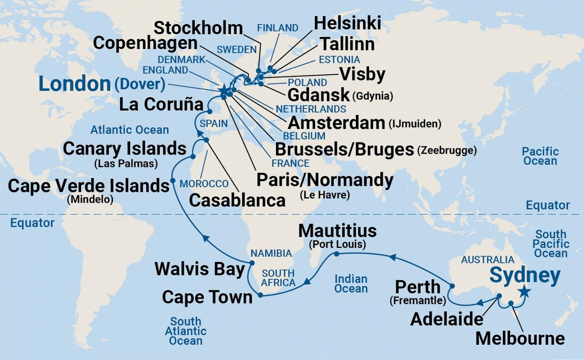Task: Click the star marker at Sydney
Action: [x=524, y=291]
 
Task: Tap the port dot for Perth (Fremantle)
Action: [x=452, y=286]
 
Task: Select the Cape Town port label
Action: [x=207, y=297]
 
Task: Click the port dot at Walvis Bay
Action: [x=252, y=263]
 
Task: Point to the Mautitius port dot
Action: [x=336, y=254]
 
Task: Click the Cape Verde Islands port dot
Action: [x=172, y=181]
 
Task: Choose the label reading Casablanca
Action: [x=237, y=200]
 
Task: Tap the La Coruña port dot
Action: [x=210, y=112]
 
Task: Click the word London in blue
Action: [x=74, y=85]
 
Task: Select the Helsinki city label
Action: [x=347, y=23]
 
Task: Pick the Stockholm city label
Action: [x=198, y=28]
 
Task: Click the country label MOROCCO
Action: [x=204, y=184]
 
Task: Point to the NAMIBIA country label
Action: [x=271, y=254]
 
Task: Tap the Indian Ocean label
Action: [x=351, y=284]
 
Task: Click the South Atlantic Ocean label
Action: [x=186, y=331]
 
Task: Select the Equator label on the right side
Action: [x=548, y=206]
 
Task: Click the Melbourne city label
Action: [x=520, y=338]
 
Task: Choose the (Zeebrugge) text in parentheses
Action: [x=447, y=150]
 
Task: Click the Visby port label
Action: [x=362, y=75]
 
